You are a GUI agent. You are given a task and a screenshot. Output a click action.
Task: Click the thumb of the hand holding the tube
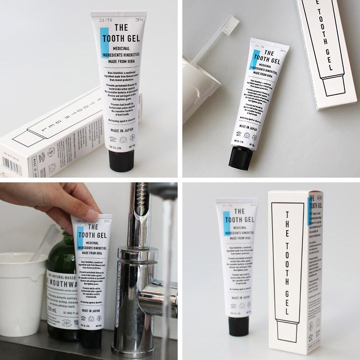tap(96, 215)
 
